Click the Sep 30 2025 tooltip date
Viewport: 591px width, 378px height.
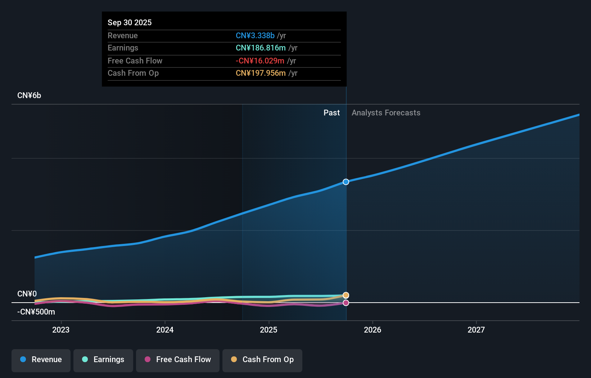(130, 22)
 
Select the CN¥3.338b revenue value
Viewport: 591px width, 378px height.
(255, 35)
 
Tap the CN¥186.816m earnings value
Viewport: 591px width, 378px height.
(261, 48)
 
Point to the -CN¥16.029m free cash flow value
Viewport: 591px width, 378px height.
(260, 61)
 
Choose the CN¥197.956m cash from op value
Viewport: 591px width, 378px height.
(261, 73)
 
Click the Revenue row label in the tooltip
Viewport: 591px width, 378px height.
(123, 35)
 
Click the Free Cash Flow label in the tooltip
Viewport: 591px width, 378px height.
(135, 61)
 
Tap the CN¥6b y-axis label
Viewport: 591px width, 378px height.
(29, 96)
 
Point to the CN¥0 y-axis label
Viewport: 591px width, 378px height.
(27, 294)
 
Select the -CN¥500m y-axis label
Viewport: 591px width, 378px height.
(36, 312)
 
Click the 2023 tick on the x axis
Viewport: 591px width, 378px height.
(61, 330)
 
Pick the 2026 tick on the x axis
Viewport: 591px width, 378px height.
(373, 330)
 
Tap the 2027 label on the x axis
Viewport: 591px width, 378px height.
(476, 330)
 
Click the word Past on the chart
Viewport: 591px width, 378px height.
(331, 113)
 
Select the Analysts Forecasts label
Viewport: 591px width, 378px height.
(386, 113)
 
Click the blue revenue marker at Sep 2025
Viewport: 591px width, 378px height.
(346, 182)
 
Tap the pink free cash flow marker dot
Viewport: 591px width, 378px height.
(346, 303)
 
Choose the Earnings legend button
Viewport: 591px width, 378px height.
(103, 360)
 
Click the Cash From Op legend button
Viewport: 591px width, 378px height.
(262, 360)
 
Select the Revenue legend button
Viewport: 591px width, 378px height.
(41, 360)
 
